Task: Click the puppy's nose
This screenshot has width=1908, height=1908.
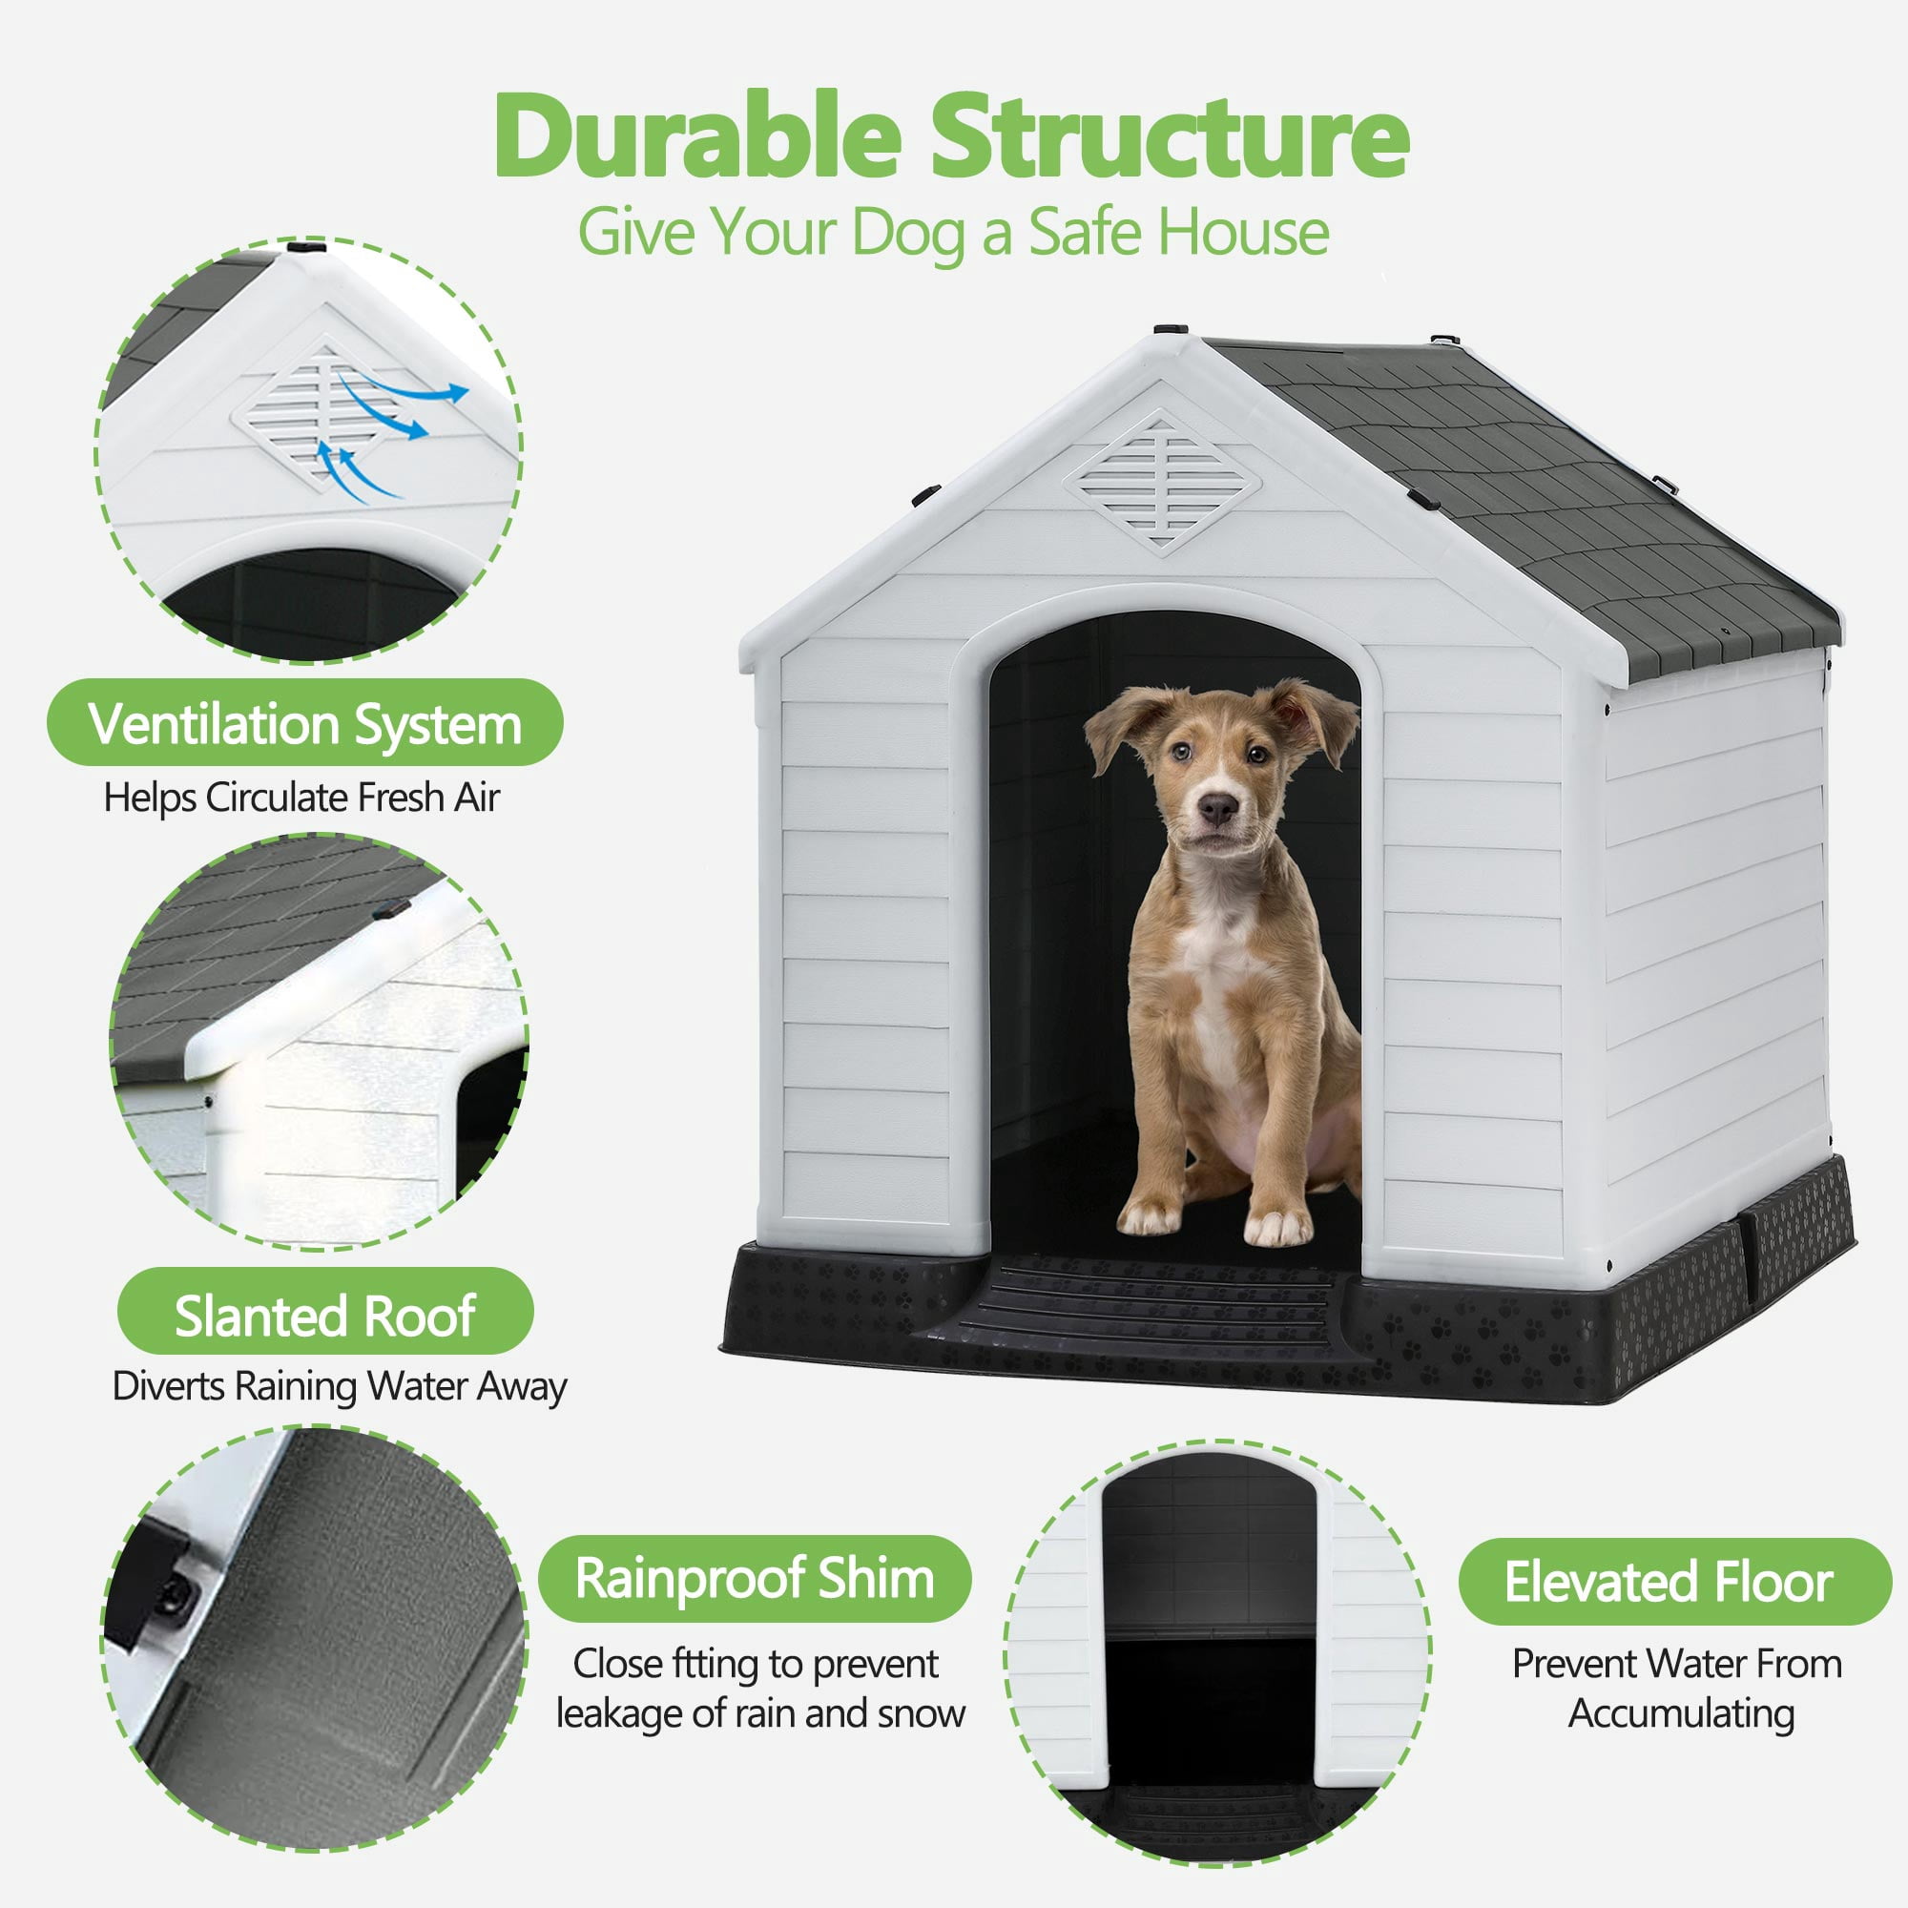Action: [1217, 809]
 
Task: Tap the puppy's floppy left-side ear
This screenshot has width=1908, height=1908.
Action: [1124, 726]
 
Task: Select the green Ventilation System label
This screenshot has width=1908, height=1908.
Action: [305, 723]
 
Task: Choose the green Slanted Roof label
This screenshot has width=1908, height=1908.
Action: [325, 1315]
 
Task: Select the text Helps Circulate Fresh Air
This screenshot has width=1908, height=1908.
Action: [302, 797]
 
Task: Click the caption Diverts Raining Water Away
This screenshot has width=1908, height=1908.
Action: [340, 1386]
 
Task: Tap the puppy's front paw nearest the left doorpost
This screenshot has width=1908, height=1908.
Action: [1150, 1217]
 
